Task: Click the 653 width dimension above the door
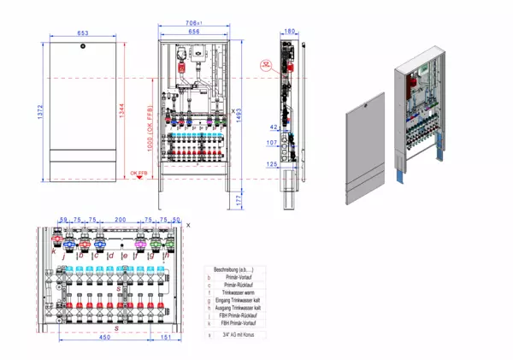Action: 83,33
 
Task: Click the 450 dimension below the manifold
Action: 103,337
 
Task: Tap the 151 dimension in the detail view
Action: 166,337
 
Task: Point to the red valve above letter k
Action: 60,241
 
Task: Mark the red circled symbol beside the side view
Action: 267,64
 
